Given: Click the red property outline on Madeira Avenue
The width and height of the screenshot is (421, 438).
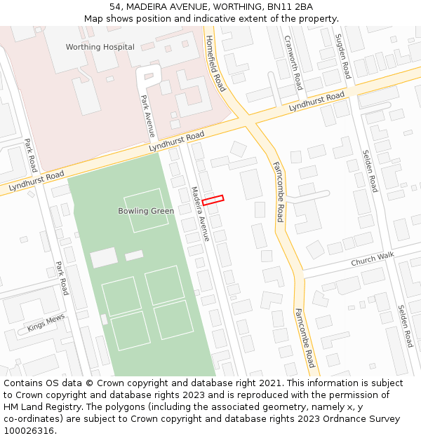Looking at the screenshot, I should tap(213, 200).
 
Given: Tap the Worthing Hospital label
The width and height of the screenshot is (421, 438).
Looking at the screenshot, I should tap(100, 47).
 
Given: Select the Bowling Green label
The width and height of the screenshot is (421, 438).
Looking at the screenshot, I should tap(146, 211).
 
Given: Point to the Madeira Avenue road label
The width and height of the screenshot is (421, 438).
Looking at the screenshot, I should tap(200, 213).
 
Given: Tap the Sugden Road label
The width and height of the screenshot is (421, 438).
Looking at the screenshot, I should tap(342, 55).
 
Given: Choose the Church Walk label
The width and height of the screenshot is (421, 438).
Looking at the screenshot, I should tap(373, 259).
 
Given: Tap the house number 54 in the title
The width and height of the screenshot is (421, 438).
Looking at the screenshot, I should tap(116, 7).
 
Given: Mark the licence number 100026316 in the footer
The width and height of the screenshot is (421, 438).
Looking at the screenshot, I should tap(30, 431).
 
